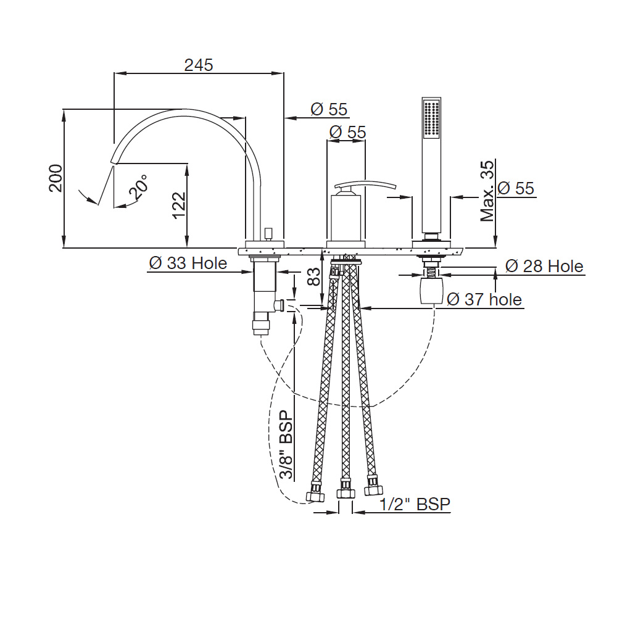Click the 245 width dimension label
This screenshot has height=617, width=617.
pyautogui.click(x=199, y=65)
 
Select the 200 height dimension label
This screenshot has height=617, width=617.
pyautogui.click(x=56, y=178)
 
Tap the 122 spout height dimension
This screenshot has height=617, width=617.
pyautogui.click(x=179, y=205)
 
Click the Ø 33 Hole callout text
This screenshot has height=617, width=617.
pyautogui.click(x=188, y=263)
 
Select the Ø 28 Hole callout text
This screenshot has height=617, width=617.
pyautogui.click(x=544, y=267)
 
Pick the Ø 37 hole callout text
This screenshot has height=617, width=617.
pyautogui.click(x=484, y=299)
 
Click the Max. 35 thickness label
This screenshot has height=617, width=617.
pyautogui.click(x=487, y=191)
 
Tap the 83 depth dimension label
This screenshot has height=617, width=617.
pyautogui.click(x=313, y=277)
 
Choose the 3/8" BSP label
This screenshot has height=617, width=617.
pyautogui.click(x=286, y=444)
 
